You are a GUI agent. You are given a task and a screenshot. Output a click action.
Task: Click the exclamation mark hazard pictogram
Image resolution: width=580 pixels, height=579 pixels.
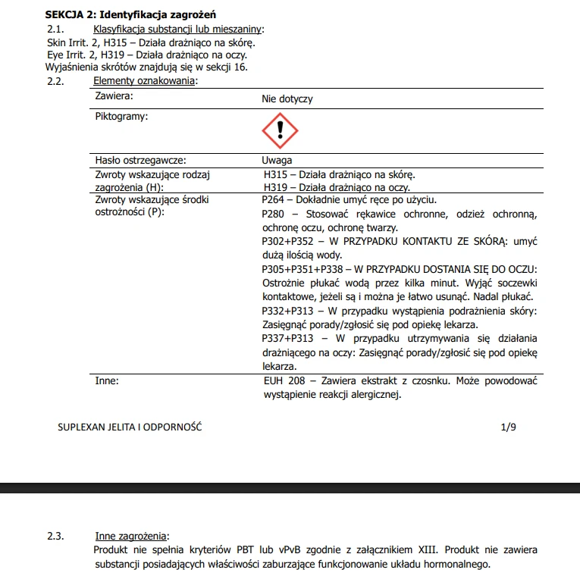pos(280,130)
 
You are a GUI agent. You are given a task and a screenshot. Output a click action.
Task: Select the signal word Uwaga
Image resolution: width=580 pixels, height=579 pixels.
pos(277,160)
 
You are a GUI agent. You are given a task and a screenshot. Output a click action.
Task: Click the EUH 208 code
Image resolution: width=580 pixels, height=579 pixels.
pos(284,380)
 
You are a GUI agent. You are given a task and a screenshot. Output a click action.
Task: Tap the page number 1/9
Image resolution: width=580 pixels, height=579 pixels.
pos(508,427)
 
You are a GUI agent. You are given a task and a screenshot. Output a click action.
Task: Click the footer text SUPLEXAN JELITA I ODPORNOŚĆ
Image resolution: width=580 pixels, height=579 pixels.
pos(130,427)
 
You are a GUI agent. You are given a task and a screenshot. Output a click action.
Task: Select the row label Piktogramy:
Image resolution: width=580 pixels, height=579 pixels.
pos(121,117)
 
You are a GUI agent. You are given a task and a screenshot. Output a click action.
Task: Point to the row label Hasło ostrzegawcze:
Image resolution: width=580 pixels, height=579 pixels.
pos(141,160)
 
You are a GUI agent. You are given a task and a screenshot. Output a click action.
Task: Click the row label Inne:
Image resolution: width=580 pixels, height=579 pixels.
pos(107,380)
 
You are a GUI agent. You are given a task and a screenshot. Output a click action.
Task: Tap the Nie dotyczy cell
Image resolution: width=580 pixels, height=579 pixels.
pos(287,99)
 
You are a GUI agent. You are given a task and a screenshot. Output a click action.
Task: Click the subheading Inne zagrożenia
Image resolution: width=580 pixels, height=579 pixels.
pos(132,537)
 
